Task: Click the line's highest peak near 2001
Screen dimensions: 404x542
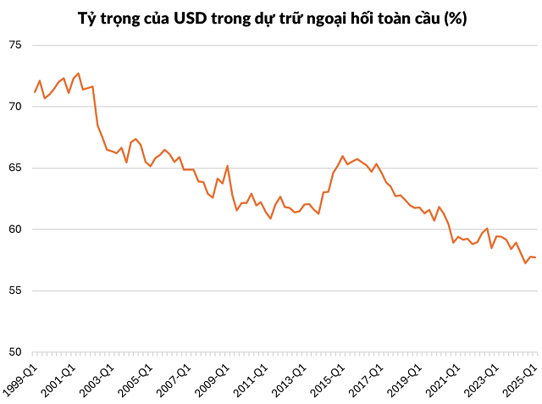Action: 79,74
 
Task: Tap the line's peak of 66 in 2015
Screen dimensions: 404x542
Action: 342,156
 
